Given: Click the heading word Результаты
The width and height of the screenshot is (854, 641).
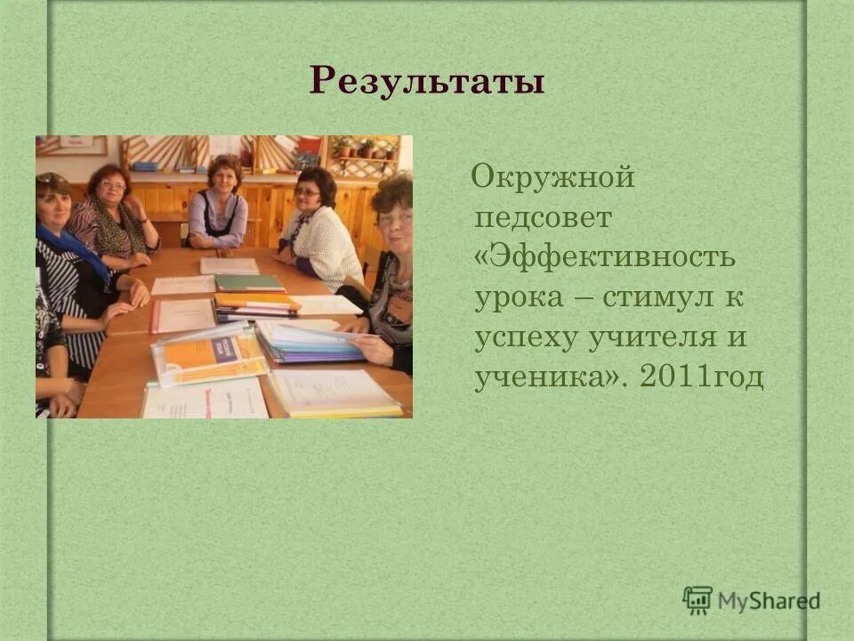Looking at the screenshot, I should [427, 82].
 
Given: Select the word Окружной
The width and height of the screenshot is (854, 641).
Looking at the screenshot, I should [553, 177].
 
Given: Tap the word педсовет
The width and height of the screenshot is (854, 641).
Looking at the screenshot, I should [542, 218].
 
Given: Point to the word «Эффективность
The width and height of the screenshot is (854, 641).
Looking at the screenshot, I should [605, 257].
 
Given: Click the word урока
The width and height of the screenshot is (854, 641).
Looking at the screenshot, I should [519, 298].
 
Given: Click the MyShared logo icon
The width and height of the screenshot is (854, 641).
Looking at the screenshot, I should [697, 601].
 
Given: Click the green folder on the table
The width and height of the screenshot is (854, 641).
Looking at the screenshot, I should [248, 283].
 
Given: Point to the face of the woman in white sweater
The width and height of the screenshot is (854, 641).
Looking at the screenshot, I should [310, 191].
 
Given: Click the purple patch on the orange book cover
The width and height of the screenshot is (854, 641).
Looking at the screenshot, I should [222, 348].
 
